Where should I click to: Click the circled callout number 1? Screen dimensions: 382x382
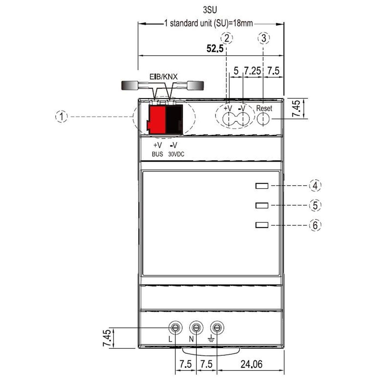tap(62, 117)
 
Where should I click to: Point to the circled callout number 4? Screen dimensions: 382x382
tap(315, 186)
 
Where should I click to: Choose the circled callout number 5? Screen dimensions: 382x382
tap(315, 205)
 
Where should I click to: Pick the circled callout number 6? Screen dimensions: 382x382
tap(315, 225)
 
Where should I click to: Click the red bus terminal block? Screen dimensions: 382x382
tap(157, 120)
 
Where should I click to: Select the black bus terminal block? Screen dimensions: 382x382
tap(174, 120)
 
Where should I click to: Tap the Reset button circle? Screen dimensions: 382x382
tap(263, 119)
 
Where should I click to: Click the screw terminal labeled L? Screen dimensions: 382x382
tap(175, 327)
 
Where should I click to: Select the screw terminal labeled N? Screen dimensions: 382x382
tap(196, 327)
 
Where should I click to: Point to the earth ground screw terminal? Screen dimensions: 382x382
tap(217, 327)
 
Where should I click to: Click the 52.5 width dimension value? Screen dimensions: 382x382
tap(215, 49)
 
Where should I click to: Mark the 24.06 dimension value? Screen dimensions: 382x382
tap(251, 364)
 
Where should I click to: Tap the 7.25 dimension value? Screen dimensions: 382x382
tap(252, 71)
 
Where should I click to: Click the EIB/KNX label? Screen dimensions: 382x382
tap(163, 77)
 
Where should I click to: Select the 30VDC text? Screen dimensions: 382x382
tap(176, 154)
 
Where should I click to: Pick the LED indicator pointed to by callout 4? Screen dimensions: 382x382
tap(262, 186)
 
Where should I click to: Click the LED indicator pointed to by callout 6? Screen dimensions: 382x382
tap(262, 225)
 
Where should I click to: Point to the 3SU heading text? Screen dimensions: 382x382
tap(210, 10)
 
